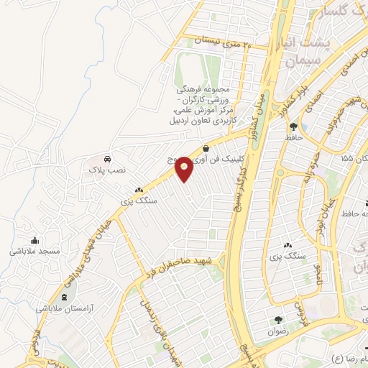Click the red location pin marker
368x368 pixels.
point(184,167)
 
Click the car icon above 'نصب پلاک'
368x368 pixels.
point(107,157)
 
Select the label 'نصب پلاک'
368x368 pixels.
point(107,170)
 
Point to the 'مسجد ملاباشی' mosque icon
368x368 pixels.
point(34,240)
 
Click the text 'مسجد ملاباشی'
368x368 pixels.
point(34,252)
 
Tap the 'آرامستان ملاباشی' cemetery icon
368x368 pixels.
point(66,297)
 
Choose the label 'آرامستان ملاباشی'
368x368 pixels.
point(66,308)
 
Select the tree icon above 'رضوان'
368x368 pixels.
point(279,319)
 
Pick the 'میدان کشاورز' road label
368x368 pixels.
point(260,108)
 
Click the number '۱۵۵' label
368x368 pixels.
point(346,157)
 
